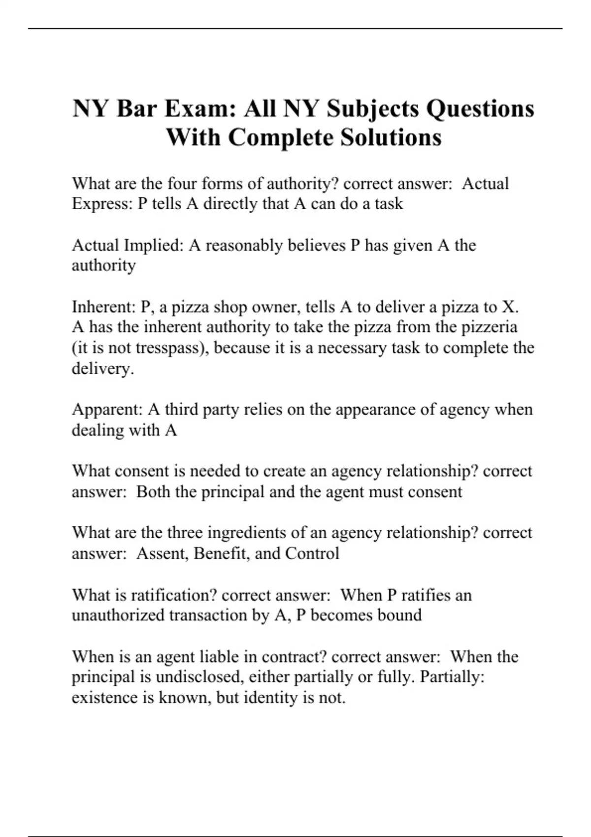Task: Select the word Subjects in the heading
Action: pyautogui.click(x=374, y=109)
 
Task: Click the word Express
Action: pyautogui.click(x=101, y=204)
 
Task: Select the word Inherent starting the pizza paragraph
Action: pyautogui.click(x=103, y=307)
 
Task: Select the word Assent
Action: pyautogui.click(x=162, y=553)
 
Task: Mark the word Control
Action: pyautogui.click(x=312, y=553)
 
